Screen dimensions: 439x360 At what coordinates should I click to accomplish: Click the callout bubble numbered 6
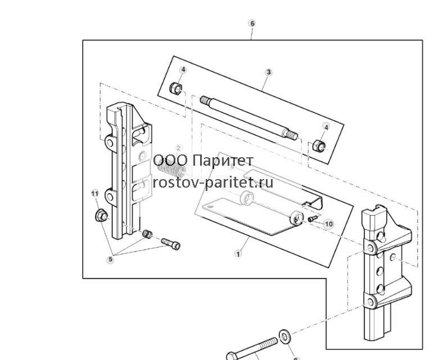[252, 24]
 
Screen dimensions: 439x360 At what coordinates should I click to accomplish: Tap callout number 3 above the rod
[269, 72]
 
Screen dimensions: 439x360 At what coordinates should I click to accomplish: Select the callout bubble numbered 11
[95, 194]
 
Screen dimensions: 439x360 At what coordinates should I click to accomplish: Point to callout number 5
[111, 259]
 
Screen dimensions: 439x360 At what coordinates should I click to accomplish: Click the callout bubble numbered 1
[238, 254]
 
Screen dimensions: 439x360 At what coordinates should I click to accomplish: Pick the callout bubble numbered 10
[329, 224]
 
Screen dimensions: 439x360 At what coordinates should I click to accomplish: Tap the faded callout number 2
[179, 148]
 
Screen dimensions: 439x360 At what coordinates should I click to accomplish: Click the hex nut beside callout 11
[101, 216]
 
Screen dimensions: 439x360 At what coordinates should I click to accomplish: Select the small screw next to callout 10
[313, 218]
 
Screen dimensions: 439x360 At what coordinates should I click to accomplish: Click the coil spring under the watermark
[172, 170]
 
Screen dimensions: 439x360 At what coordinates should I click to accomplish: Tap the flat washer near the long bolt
[284, 336]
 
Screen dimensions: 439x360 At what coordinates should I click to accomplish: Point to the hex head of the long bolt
[232, 356]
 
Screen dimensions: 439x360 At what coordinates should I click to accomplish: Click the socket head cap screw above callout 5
[170, 244]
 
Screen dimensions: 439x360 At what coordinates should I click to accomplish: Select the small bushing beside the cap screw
[147, 234]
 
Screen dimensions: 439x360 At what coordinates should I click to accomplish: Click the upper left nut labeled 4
[176, 88]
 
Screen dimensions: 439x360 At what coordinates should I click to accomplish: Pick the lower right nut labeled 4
[319, 145]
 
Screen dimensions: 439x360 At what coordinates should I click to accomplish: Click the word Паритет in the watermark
[223, 161]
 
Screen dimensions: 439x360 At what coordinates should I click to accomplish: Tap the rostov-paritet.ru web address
[213, 183]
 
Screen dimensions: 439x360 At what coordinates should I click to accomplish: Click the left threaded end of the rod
[205, 99]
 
